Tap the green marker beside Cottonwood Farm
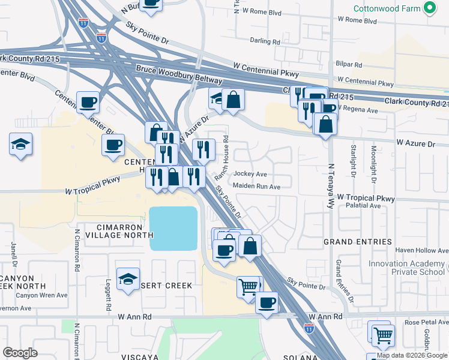pyautogui.click(x=429, y=8)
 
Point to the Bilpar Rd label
pyautogui.click(x=349, y=64)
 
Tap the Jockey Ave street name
pyautogui.click(x=250, y=174)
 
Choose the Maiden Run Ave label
pyautogui.click(x=257, y=187)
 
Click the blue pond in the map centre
pyautogui.click(x=173, y=229)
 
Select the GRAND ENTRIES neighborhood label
pyautogui.click(x=357, y=242)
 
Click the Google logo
pyautogui.click(x=20, y=353)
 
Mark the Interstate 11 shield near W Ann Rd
pyautogui.click(x=309, y=328)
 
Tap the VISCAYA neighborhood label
pyautogui.click(x=139, y=357)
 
